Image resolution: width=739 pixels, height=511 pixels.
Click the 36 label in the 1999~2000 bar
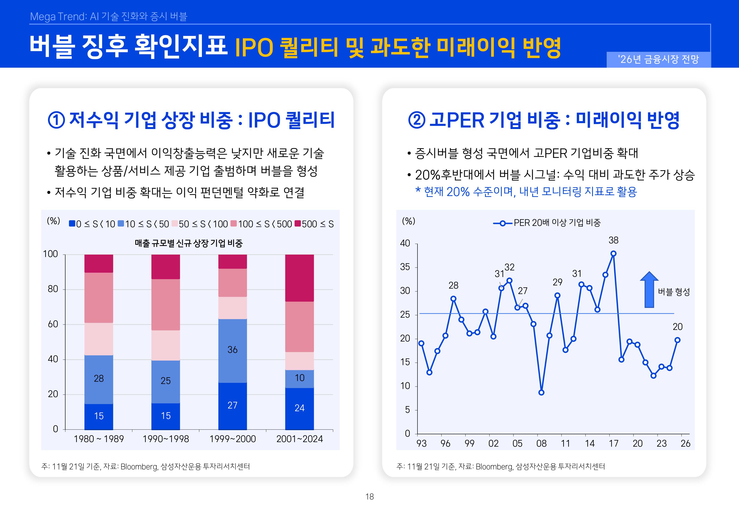pos(232,350)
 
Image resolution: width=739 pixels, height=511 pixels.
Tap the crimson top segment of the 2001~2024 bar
pos(299,278)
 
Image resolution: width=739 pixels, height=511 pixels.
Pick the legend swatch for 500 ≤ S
pos(298,223)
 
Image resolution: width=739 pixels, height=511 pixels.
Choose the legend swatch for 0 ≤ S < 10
pos(72,223)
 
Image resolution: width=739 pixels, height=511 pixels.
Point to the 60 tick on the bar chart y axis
pos(53,324)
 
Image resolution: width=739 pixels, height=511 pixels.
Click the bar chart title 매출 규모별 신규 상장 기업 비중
pos(189,243)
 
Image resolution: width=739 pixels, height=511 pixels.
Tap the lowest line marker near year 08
pos(541,392)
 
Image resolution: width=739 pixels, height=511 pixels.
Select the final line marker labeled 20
pos(677,340)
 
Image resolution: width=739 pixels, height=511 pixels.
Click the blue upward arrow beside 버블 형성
pos(649,290)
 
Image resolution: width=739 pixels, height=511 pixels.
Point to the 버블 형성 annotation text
pos(674,292)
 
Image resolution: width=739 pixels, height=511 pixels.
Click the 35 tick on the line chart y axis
pos(405,267)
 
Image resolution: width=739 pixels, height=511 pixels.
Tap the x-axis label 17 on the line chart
pos(613,444)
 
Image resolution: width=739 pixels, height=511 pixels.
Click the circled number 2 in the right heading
pos(416,121)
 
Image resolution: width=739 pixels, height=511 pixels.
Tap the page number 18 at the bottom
pos(369,497)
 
